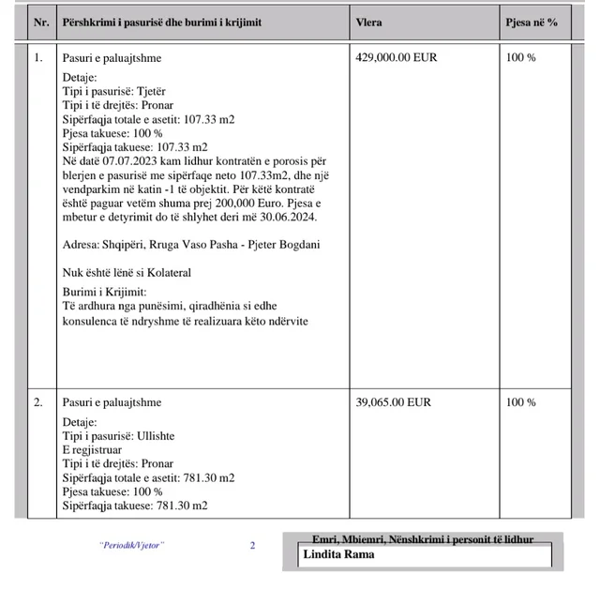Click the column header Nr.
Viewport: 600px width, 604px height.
click(40, 22)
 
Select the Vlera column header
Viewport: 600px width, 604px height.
click(368, 22)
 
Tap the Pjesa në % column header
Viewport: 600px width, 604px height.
click(532, 22)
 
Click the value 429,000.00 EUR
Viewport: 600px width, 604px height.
click(397, 57)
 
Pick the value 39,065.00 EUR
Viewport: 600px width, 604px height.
click(394, 402)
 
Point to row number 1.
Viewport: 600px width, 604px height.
click(38, 57)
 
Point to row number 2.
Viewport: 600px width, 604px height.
click(38, 402)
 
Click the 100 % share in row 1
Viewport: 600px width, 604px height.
click(520, 57)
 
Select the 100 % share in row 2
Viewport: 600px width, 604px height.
click(520, 402)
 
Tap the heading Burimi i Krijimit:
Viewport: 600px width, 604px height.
click(104, 293)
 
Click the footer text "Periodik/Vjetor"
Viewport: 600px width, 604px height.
click(131, 545)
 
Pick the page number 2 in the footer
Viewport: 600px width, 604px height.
click(252, 545)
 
